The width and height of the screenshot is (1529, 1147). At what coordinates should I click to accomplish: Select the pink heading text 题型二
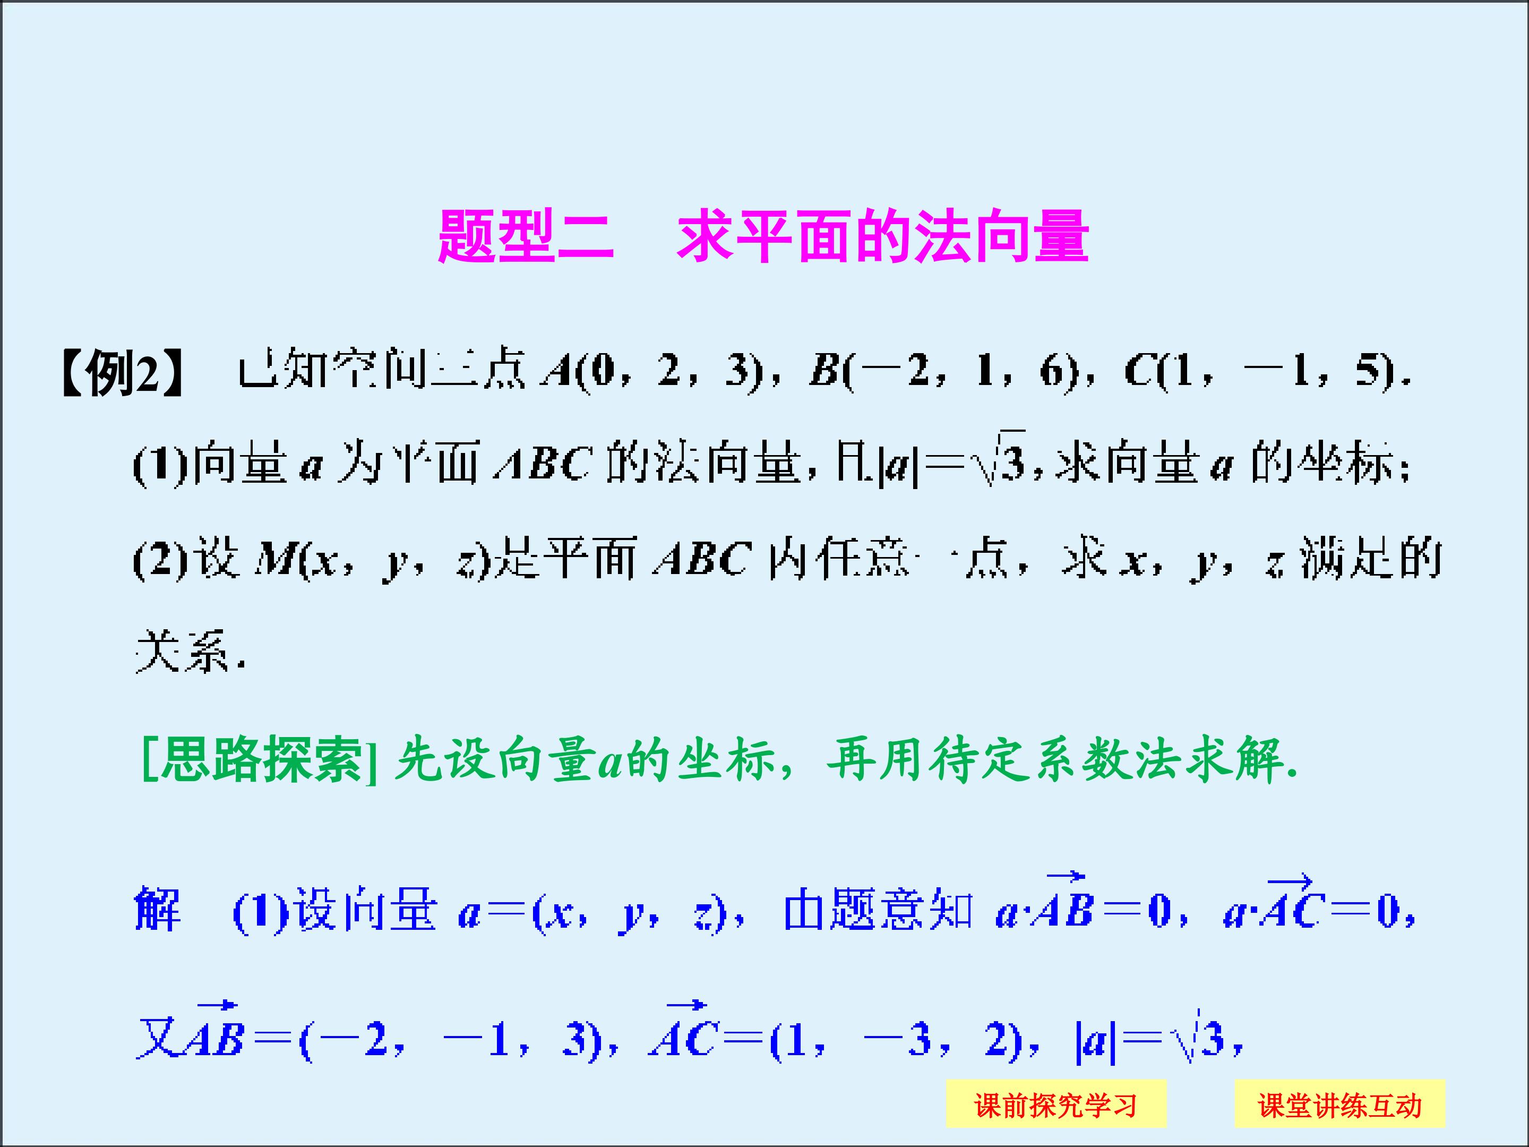pos(526,236)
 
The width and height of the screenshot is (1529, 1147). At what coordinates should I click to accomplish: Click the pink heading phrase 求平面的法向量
pos(883,236)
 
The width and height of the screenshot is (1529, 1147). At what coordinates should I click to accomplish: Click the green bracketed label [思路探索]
pos(259,760)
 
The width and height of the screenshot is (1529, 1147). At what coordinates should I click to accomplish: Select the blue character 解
pos(158,910)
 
